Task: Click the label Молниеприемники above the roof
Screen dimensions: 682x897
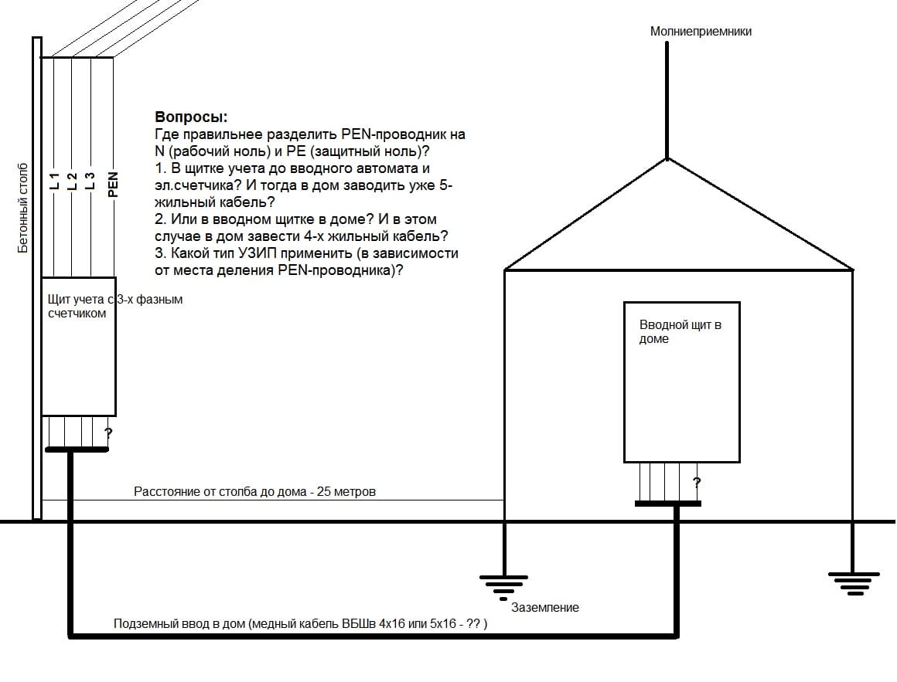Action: [701, 32]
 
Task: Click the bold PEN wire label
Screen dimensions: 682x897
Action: [113, 184]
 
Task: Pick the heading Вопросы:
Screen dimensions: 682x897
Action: [191, 117]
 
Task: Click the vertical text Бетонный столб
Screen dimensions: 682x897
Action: [23, 209]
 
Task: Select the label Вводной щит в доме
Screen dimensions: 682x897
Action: [680, 332]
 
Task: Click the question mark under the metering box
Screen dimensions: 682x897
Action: [108, 433]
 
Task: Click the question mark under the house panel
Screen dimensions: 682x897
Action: [696, 484]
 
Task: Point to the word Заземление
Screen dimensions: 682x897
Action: [545, 607]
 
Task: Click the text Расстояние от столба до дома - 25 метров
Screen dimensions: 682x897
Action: [254, 491]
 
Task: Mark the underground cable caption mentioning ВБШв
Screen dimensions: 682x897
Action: [301, 624]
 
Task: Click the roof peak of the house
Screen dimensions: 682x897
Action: [667, 159]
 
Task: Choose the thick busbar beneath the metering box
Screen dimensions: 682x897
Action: [77, 448]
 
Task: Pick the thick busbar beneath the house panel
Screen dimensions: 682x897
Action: [667, 504]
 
